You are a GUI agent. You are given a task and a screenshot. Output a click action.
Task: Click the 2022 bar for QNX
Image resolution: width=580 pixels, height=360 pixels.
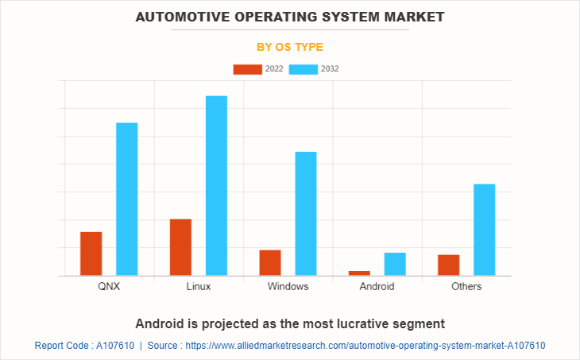coord(91,254)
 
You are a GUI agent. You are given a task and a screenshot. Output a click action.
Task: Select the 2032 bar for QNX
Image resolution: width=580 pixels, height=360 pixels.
coord(127,199)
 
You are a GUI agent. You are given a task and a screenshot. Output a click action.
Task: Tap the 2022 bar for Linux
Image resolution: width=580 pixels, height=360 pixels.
coord(180,247)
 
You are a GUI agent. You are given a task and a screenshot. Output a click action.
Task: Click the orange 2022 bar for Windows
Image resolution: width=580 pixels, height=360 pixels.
coord(270,262)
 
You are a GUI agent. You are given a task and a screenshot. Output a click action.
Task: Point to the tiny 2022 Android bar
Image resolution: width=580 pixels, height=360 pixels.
coord(359,273)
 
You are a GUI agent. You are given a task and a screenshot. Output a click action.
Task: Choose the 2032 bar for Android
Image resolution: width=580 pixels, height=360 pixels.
coord(395,264)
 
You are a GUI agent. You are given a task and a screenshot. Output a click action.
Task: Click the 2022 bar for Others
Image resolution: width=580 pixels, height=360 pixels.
coord(449,265)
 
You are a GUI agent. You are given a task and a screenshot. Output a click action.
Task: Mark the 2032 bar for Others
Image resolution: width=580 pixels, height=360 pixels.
coord(485,230)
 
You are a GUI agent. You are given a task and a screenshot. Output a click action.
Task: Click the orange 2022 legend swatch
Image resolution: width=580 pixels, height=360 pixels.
coord(247,69)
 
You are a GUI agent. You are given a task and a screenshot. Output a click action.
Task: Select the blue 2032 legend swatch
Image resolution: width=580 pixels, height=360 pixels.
coord(304,69)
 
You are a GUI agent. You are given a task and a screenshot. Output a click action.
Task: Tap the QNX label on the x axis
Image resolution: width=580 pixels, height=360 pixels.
coord(110,286)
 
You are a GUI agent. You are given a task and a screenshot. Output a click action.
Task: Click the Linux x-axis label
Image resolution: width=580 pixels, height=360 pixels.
coord(199,286)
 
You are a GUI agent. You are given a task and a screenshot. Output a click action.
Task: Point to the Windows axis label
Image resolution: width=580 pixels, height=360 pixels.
coord(288,286)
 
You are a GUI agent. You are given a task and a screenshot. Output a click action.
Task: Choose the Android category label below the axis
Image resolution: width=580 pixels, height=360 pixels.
coord(377,286)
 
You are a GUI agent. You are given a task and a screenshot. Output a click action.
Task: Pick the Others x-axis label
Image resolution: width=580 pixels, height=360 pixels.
coord(466,286)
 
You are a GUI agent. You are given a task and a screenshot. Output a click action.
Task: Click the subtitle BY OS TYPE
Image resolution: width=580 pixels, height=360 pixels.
coord(290,47)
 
